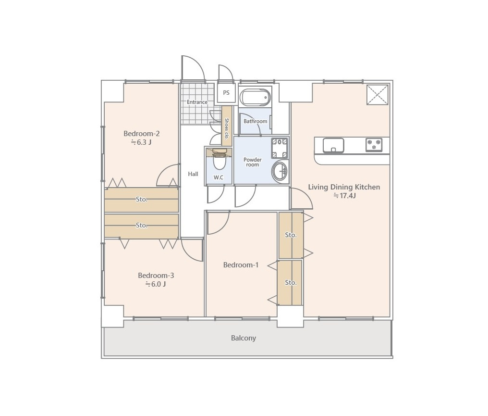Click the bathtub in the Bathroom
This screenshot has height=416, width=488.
point(255,97)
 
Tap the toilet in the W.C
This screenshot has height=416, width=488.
point(220,160)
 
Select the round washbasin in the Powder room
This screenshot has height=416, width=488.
point(280,171)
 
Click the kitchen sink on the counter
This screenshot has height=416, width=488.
point(333,145)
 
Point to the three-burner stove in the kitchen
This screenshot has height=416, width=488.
point(374,145)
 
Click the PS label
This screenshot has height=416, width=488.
point(226,92)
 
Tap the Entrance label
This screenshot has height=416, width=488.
point(197,102)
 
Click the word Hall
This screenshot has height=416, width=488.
point(193,174)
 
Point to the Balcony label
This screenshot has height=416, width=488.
point(244,338)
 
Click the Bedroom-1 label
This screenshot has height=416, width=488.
point(241,265)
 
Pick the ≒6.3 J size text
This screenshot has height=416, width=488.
point(141,142)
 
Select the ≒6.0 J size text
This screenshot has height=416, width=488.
point(155,284)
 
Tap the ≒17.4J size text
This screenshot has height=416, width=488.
point(344,196)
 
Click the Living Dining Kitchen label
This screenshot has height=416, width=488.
point(344,187)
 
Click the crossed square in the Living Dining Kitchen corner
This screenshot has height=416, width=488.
point(378,94)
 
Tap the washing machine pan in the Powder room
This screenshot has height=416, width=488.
point(280,148)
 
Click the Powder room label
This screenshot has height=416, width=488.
point(252,162)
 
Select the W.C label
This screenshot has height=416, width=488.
point(219,177)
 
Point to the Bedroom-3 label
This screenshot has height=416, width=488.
point(156,276)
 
